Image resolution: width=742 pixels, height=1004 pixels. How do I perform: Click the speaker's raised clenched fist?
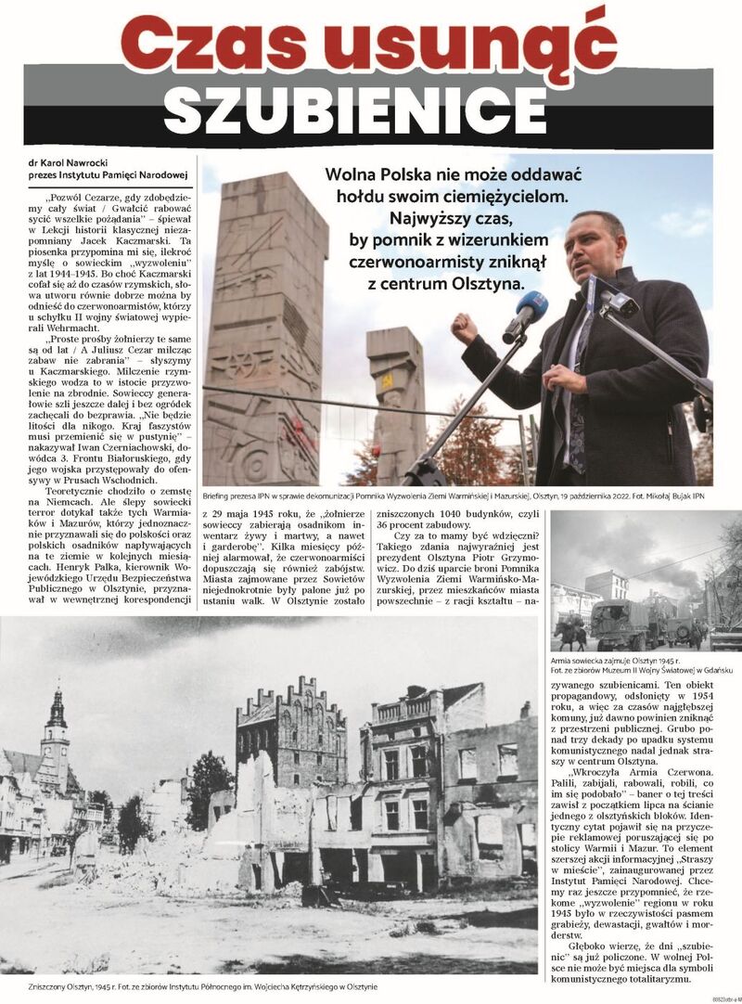465,327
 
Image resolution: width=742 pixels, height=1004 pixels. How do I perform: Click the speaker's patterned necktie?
579,390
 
